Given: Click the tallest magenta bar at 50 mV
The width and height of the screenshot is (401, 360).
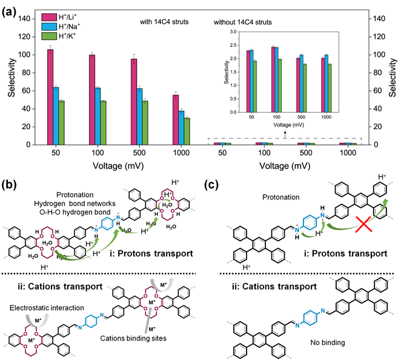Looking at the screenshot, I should pos(50,97).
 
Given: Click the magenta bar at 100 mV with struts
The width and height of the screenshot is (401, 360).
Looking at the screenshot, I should pos(92,99).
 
